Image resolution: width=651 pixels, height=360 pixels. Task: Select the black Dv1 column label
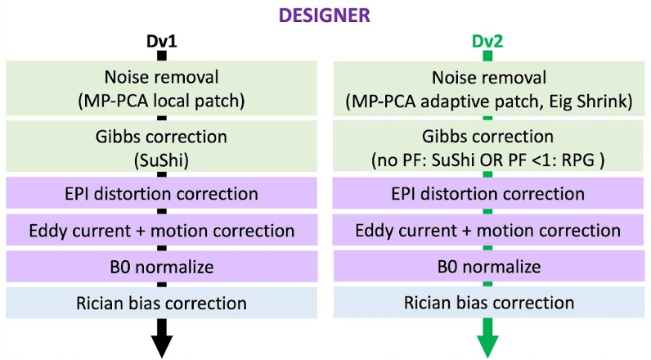pos(161,41)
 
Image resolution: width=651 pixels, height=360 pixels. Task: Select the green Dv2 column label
pos(487,41)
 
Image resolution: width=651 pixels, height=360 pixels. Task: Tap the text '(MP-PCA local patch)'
pos(162,101)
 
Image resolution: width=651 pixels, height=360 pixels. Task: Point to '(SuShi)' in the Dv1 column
pos(162,158)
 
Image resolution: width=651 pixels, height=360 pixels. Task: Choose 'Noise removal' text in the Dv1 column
pos(162,79)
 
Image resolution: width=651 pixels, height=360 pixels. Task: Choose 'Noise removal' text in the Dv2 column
pos(488,79)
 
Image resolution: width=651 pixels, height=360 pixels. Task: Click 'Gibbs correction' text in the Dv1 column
pos(162,136)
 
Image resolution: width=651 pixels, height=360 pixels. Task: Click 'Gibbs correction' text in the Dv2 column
pos(488,136)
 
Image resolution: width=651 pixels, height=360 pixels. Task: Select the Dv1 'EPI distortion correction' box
pos(162,194)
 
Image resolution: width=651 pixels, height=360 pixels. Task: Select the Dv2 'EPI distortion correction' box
pos(488,194)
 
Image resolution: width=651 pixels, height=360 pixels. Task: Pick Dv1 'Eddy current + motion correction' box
pos(162,231)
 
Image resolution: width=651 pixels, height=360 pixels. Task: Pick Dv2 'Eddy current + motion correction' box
pos(488,231)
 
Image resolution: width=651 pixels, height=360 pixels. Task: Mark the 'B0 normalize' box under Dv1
pos(162,268)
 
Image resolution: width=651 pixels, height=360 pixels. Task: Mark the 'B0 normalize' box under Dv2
pos(488,268)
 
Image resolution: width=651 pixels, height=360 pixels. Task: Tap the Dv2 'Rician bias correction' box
pos(488,304)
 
